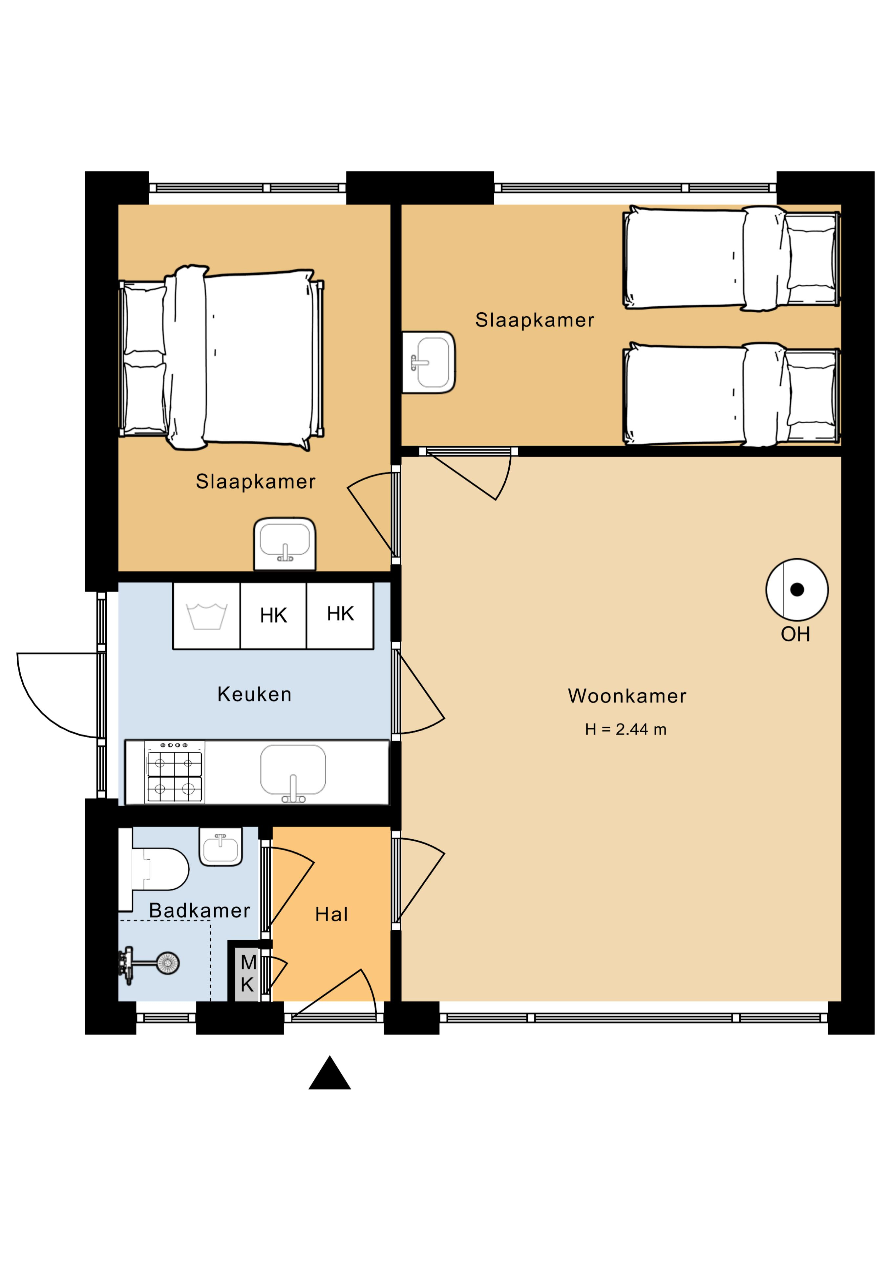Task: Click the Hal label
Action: [x=331, y=915]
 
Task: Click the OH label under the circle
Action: [x=796, y=634]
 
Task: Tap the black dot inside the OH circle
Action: [x=797, y=590]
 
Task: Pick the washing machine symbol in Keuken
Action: [x=206, y=616]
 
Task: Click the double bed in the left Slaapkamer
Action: [x=221, y=358]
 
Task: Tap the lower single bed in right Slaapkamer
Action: [x=731, y=394]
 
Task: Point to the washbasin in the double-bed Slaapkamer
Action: [x=285, y=544]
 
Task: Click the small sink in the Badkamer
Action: [x=221, y=846]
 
